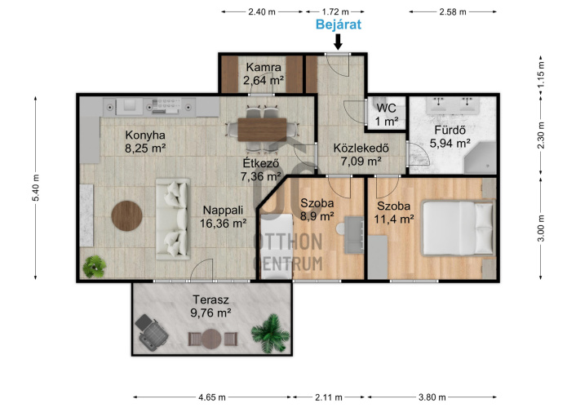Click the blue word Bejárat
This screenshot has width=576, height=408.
[339, 24]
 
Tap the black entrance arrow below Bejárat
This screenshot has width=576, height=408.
[338, 42]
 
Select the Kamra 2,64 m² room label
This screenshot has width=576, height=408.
[264, 73]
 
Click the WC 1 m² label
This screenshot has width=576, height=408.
[387, 114]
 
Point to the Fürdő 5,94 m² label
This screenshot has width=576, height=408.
[450, 136]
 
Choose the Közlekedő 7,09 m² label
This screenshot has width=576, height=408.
[361, 154]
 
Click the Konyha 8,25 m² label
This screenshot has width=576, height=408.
[145, 141]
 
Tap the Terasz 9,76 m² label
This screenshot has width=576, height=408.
[210, 306]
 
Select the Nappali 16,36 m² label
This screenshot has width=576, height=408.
[223, 216]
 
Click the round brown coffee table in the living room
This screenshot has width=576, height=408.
[126, 215]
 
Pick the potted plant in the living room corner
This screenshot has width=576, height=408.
[95, 267]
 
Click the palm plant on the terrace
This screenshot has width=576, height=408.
[271, 333]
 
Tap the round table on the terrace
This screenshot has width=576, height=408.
[211, 339]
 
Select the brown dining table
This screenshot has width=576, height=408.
[262, 130]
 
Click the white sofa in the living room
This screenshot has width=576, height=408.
[173, 219]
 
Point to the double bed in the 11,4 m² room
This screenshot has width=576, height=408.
[458, 228]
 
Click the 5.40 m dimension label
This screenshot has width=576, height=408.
[36, 188]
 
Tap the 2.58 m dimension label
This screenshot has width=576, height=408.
[453, 12]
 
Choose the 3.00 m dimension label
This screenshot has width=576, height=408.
[541, 228]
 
